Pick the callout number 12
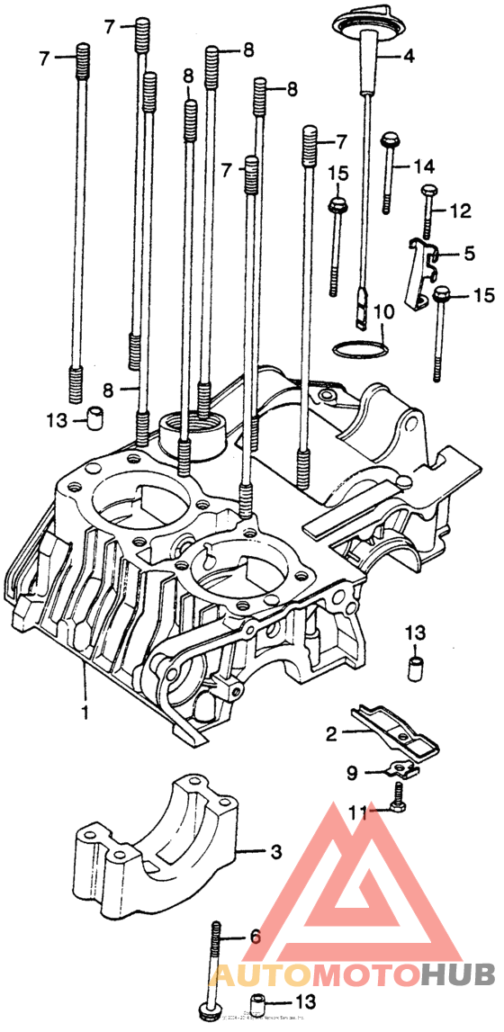coord(460,211)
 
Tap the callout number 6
coord(255,937)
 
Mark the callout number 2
coord(331,734)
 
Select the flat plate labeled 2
coord(396,729)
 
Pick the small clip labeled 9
coord(399,769)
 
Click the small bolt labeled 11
coord(397,798)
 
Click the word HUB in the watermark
coord(457,974)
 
